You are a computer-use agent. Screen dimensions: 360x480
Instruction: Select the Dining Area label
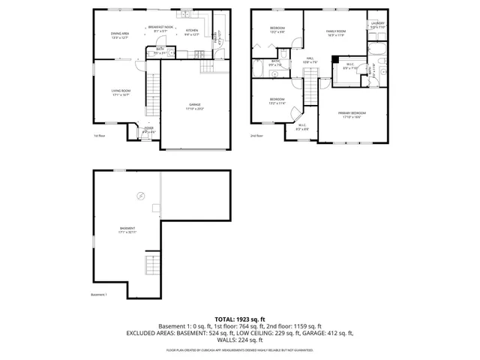click(120, 34)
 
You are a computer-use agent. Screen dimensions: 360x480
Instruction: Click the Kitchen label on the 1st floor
click(191, 32)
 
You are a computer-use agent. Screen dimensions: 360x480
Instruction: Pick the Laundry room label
click(377, 25)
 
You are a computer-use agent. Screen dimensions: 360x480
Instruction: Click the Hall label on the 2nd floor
click(307, 61)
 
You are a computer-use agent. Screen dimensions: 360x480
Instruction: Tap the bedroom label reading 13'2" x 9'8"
click(277, 30)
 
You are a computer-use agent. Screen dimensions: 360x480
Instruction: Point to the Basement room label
click(127, 230)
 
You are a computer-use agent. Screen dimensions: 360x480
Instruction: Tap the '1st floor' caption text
click(100, 136)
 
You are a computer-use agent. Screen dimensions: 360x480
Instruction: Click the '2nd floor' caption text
click(257, 136)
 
